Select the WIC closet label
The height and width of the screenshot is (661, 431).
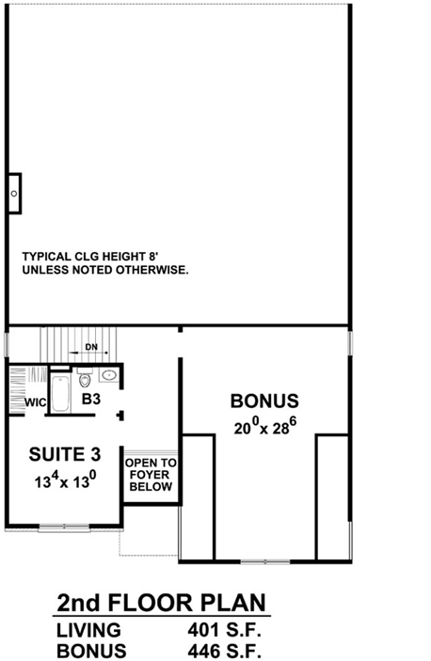coord(35,401)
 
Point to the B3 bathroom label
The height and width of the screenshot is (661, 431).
coord(91,401)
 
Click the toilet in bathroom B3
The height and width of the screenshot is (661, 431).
coord(86,381)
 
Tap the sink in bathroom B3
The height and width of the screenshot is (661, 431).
coord(108,376)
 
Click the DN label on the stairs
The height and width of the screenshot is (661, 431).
coord(90,347)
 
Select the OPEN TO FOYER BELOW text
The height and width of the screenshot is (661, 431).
coord(149,475)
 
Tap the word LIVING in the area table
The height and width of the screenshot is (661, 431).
coord(88,630)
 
